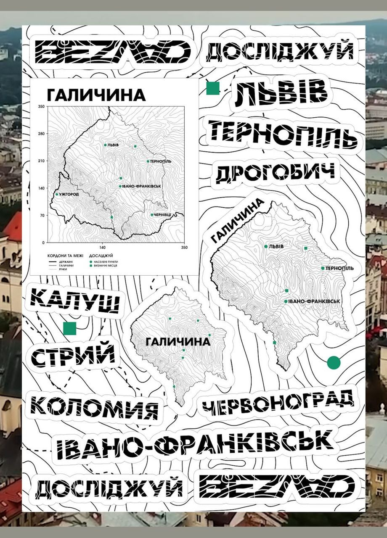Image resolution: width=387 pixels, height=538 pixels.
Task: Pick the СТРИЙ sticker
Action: (73, 354)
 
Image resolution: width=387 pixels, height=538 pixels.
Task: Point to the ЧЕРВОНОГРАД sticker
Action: (278, 402)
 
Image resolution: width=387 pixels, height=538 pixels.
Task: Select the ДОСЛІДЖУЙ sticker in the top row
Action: (280, 53)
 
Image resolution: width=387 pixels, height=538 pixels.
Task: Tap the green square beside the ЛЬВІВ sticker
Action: (213, 88)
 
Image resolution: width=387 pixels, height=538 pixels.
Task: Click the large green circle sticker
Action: (334, 362)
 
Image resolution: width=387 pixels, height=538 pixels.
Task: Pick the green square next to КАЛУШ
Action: (69, 328)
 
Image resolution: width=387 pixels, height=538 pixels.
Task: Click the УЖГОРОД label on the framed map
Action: (69, 195)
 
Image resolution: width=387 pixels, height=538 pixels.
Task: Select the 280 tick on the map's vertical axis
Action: (41, 134)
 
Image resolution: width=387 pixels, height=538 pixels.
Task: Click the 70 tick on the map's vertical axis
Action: (42, 215)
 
